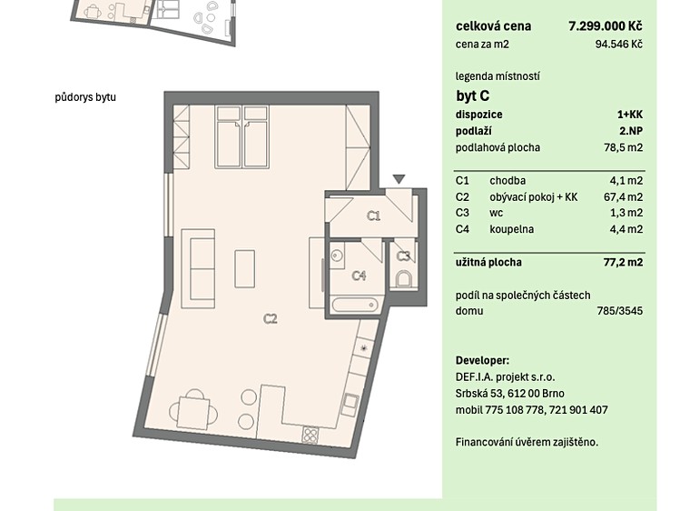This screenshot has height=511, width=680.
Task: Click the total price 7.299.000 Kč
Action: click(x=606, y=26)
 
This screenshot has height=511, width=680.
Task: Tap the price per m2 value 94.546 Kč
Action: click(x=619, y=45)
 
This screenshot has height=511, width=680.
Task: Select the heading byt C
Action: click(x=473, y=95)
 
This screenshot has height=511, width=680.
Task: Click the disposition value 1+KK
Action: click(x=630, y=115)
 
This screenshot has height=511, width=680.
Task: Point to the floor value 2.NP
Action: click(x=631, y=131)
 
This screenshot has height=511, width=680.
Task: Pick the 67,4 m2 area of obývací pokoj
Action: click(x=623, y=197)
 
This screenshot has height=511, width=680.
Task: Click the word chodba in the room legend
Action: click(x=508, y=181)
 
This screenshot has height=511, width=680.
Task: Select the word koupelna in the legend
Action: click(x=512, y=229)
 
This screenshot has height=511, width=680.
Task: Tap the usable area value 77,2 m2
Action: click(x=623, y=262)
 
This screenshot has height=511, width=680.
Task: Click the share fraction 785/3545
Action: click(x=620, y=311)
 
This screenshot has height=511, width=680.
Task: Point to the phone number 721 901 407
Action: click(x=578, y=410)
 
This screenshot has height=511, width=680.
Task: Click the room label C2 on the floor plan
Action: click(x=271, y=319)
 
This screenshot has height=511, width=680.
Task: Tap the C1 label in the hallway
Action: click(x=374, y=215)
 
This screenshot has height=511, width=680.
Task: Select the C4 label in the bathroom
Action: click(x=360, y=276)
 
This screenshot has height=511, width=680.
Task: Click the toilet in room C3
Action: click(x=404, y=279)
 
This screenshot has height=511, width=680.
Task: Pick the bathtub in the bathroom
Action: click(x=355, y=305)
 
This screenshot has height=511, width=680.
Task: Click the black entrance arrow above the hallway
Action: click(x=399, y=179)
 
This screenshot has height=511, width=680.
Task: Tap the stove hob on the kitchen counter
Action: click(x=310, y=435)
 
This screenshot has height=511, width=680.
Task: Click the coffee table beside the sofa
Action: click(x=244, y=268)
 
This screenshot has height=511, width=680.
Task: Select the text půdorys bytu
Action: click(x=85, y=96)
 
